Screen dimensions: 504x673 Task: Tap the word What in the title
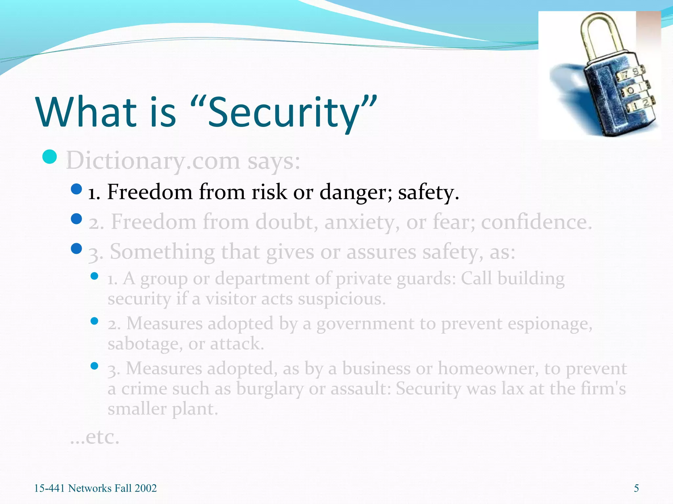[86, 112]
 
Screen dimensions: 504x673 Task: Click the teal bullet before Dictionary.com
[50, 157]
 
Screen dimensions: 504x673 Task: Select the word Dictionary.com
[153, 161]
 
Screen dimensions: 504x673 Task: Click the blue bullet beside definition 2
[76, 219]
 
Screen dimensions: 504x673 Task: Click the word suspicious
[341, 299]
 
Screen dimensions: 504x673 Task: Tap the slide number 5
[636, 488]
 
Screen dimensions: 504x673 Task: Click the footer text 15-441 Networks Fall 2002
[95, 488]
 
